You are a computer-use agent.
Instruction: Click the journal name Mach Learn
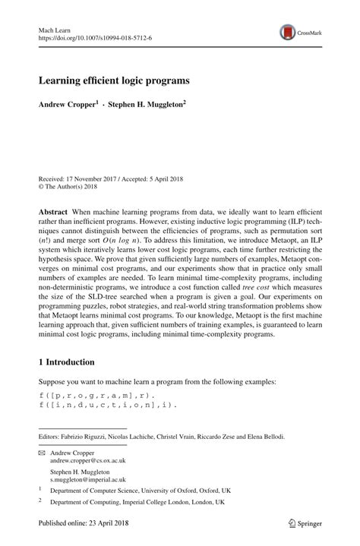tap(54, 28)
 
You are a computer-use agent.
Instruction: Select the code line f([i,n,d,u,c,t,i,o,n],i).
tap(107, 406)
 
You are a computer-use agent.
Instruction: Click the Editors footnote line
tap(151, 437)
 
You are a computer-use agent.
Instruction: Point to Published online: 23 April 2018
tap(84, 523)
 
